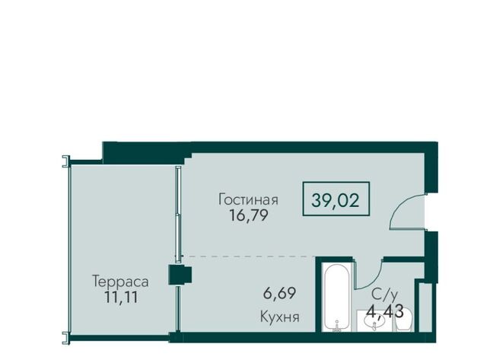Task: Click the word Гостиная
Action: [x=248, y=199]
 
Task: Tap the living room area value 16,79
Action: [x=248, y=215]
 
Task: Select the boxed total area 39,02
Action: [x=336, y=199]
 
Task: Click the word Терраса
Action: [x=120, y=282]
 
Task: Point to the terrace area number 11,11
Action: [x=121, y=298]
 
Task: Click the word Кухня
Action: [x=279, y=317]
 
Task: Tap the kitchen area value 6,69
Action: [x=279, y=293]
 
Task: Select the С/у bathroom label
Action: [x=384, y=294]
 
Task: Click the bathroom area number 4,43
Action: [x=385, y=311]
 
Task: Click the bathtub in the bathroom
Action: [x=337, y=298]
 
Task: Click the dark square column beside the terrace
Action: [x=180, y=275]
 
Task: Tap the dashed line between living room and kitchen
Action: [x=250, y=256]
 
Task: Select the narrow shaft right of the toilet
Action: [x=425, y=307]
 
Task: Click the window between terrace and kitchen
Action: [x=177, y=309]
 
